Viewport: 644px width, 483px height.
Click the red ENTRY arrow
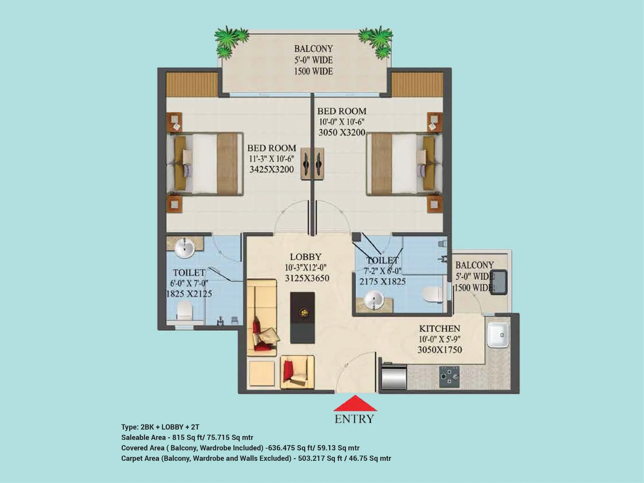pyautogui.click(x=355, y=404)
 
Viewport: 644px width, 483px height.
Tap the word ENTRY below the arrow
pyautogui.click(x=354, y=419)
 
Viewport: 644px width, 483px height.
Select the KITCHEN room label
pyautogui.click(x=440, y=329)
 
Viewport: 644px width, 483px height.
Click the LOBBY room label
pyautogui.click(x=306, y=257)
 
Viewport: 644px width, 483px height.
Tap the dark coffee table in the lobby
pyautogui.click(x=302, y=317)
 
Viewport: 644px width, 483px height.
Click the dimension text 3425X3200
pyautogui.click(x=271, y=169)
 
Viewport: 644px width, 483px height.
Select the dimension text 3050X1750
pyautogui.click(x=440, y=350)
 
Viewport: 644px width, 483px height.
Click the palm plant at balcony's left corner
pyautogui.click(x=231, y=40)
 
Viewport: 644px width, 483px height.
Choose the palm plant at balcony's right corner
pyautogui.click(x=376, y=40)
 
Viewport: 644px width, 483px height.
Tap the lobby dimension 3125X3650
pyautogui.click(x=307, y=278)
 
